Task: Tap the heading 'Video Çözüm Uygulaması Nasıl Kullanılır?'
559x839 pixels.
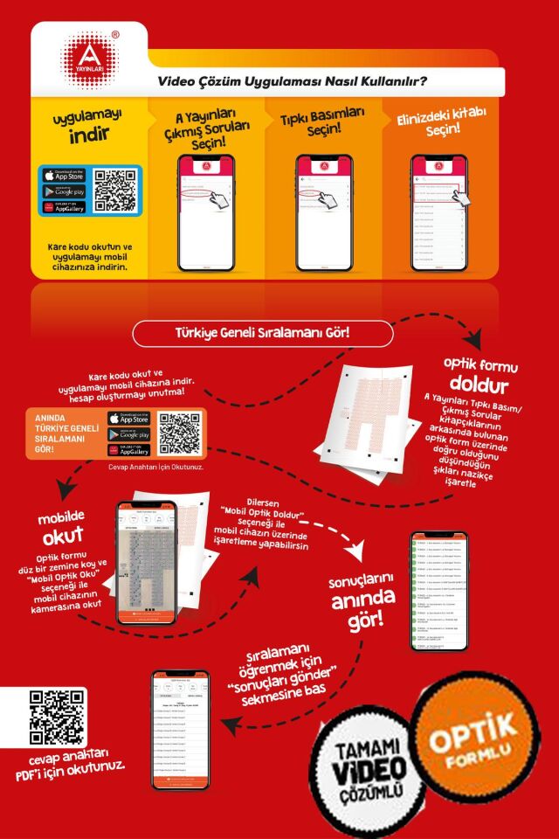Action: [x=292, y=82]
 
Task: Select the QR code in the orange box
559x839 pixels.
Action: [x=178, y=433]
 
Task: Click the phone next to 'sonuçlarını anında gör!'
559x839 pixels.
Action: [x=438, y=591]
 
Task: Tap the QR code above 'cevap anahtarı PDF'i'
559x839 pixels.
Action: [x=50, y=718]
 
